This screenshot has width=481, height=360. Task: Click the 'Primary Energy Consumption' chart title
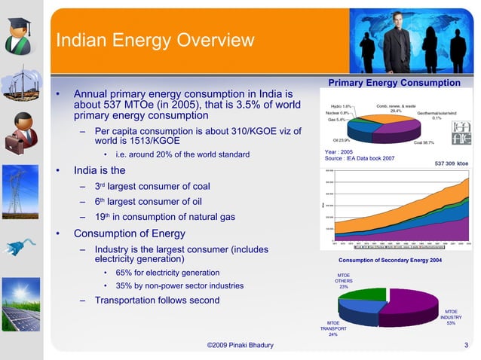click(394, 83)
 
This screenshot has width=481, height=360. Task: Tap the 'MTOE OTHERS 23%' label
click(343, 281)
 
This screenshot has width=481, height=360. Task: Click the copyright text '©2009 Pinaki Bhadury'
click(240, 346)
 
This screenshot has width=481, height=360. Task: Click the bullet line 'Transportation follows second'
click(157, 301)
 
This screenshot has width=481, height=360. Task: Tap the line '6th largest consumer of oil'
click(152, 201)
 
